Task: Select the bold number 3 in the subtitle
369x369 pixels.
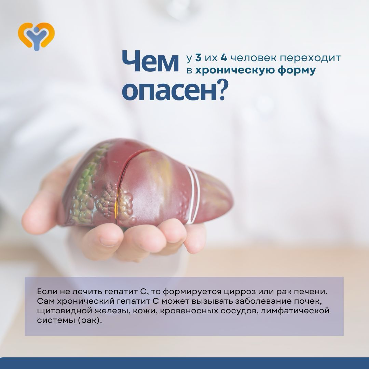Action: click(x=198, y=58)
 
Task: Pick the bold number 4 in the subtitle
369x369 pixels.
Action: click(x=224, y=58)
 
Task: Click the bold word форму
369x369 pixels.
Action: click(x=297, y=71)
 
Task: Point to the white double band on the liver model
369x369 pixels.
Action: click(x=193, y=194)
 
